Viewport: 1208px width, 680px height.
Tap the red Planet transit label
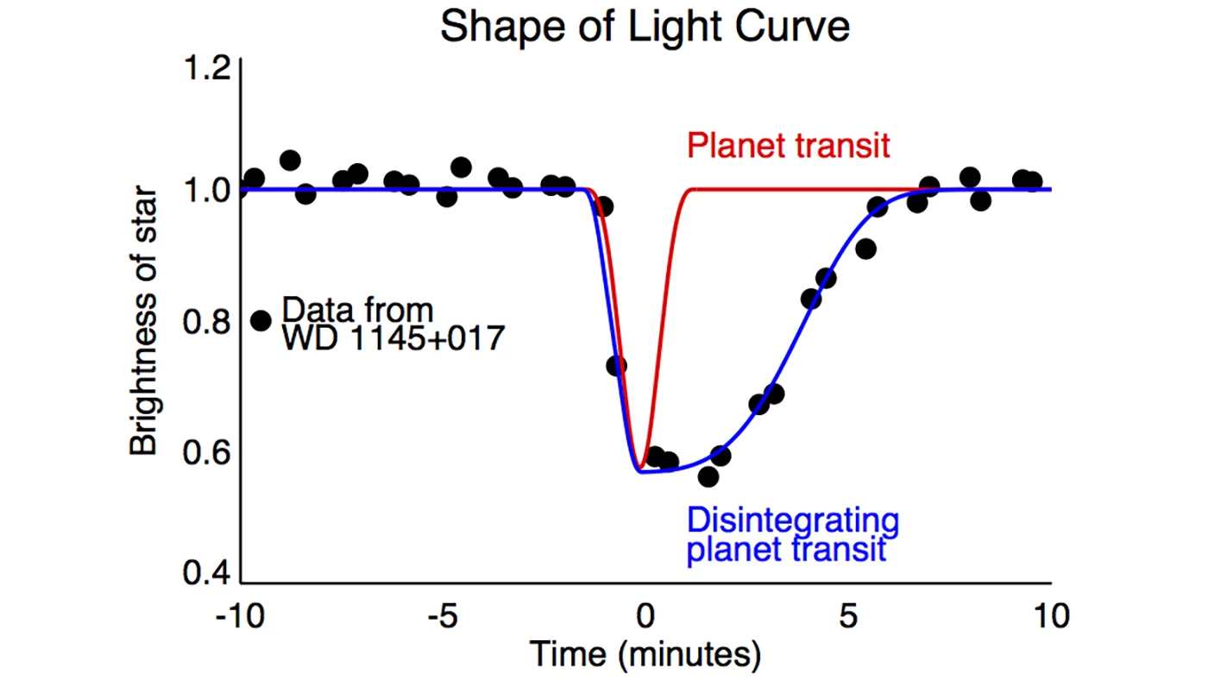(x=788, y=145)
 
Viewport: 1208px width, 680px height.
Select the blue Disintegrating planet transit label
(x=792, y=534)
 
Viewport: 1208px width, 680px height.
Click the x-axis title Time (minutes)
(x=645, y=655)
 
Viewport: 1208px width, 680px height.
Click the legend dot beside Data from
(x=261, y=320)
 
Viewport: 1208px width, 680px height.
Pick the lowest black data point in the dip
(x=708, y=476)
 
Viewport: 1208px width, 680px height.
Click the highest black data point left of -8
(x=290, y=160)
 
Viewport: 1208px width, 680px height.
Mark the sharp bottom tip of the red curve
(x=642, y=467)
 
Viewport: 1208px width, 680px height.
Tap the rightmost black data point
(x=1032, y=181)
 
